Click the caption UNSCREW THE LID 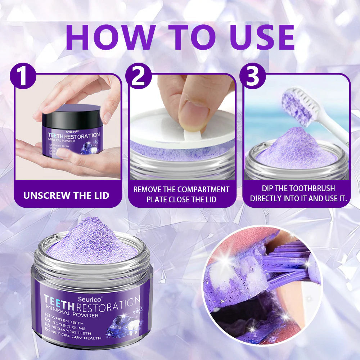click(66, 196)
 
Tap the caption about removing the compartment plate click(181, 194)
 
